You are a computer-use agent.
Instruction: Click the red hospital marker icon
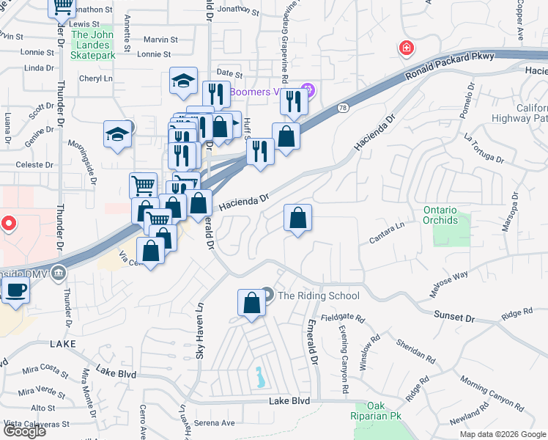coord(405,49)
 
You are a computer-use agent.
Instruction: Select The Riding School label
coord(319,296)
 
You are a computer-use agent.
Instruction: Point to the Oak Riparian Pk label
coord(377,411)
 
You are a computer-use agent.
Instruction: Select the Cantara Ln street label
coord(387,233)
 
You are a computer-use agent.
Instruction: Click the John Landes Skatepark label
coord(93,45)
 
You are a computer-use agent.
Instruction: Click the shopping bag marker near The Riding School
coord(251,303)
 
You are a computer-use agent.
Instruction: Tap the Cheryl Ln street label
coord(97,78)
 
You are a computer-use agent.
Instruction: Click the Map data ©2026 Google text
coord(502,434)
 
